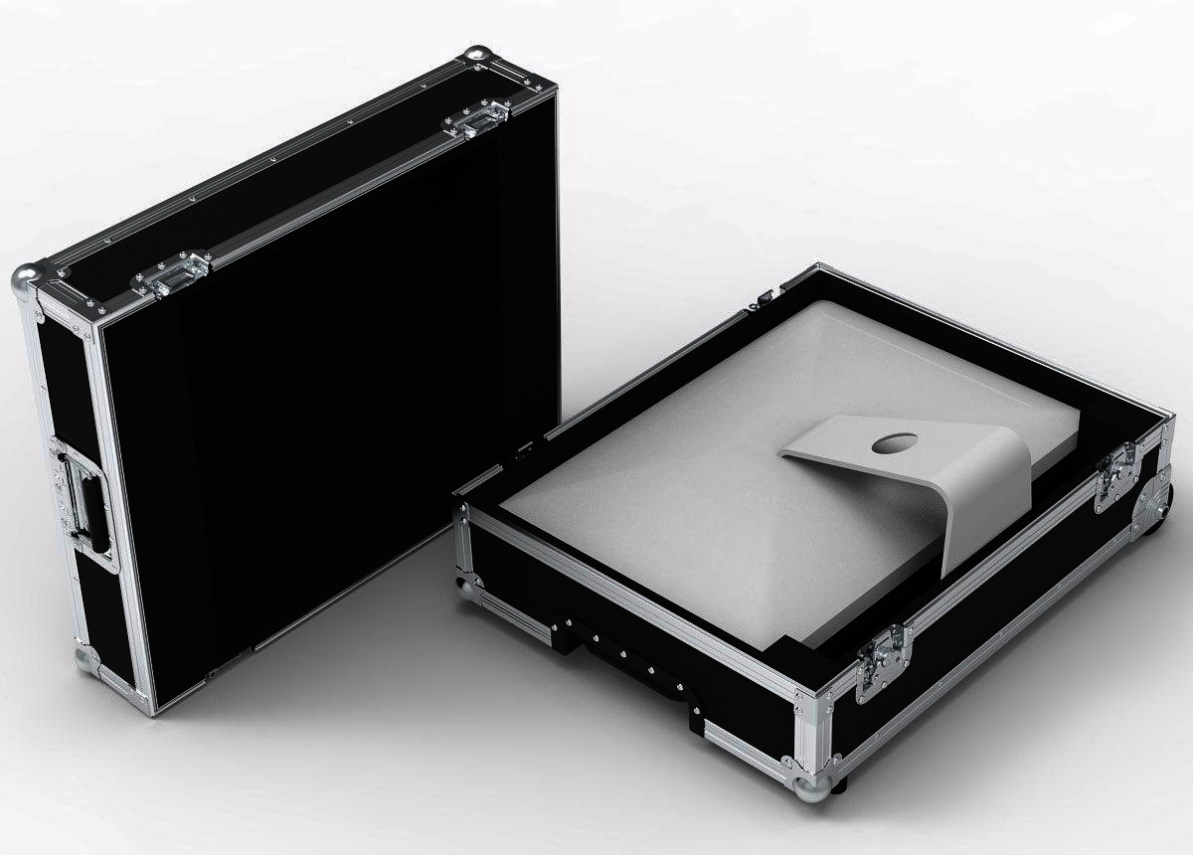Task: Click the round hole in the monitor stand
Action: pyautogui.click(x=891, y=446)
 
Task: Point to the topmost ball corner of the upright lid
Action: pyautogui.click(x=478, y=56)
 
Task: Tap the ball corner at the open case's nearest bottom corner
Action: pyautogui.click(x=811, y=785)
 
